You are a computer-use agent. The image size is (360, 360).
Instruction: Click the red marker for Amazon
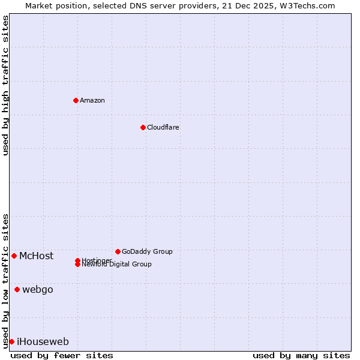(76, 100)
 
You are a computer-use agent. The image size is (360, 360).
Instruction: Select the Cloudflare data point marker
(143, 127)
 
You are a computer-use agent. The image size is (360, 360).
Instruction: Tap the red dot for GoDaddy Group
(118, 251)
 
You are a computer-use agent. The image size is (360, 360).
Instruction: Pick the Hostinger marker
(77, 260)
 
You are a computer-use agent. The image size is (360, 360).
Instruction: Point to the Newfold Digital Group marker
(78, 265)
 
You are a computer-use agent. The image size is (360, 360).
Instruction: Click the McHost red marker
(14, 256)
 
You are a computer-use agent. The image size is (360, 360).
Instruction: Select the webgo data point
(17, 290)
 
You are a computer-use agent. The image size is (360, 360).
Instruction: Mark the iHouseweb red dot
(11, 341)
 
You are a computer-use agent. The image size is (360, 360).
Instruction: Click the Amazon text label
(92, 100)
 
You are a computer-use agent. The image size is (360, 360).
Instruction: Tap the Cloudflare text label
(163, 127)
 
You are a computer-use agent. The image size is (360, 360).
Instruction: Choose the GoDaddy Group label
(147, 251)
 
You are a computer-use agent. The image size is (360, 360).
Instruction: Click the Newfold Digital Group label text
(117, 265)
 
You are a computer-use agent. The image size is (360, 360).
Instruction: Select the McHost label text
(36, 256)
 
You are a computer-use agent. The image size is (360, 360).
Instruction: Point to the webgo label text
(38, 290)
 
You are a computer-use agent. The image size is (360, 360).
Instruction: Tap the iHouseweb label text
(43, 342)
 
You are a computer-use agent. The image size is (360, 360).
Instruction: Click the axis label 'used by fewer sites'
(62, 355)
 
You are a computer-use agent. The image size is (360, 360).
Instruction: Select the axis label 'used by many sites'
(301, 355)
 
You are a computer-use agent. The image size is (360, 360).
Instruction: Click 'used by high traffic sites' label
(5, 85)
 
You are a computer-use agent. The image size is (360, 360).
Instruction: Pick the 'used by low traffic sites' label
(5, 280)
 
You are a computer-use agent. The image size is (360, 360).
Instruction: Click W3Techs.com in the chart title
(307, 5)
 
